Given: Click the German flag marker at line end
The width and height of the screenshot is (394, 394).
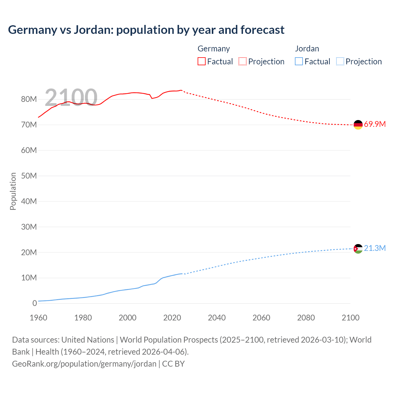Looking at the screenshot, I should pyautogui.click(x=358, y=125).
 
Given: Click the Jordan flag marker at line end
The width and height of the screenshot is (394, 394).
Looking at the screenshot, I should pyautogui.click(x=358, y=248).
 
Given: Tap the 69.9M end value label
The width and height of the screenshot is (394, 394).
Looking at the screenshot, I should pyautogui.click(x=375, y=124).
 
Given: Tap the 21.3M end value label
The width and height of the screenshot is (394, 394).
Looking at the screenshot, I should pyautogui.click(x=375, y=248).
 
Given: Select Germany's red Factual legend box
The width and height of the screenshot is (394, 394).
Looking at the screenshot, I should pyautogui.click(x=201, y=61).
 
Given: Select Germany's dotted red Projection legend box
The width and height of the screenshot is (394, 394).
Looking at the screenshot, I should pyautogui.click(x=243, y=61).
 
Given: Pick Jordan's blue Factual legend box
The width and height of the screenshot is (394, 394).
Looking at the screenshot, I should pyautogui.click(x=299, y=61).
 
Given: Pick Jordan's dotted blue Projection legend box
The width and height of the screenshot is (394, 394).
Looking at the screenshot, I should pyautogui.click(x=340, y=61).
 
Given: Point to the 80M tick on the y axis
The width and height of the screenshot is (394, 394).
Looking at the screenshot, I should pyautogui.click(x=29, y=99).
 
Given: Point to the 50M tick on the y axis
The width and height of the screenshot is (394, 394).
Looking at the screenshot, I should pyautogui.click(x=29, y=176).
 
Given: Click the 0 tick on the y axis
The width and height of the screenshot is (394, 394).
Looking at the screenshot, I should pyautogui.click(x=34, y=303).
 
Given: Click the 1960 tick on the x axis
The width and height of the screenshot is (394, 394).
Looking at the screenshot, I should pyautogui.click(x=38, y=318).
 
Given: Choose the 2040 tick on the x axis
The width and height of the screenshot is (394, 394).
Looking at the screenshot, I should pyautogui.click(x=217, y=318).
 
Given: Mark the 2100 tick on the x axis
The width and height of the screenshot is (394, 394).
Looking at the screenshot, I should pyautogui.click(x=350, y=318).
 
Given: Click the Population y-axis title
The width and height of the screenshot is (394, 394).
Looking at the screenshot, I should pyautogui.click(x=13, y=191).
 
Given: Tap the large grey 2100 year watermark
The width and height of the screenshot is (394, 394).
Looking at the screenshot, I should pyautogui.click(x=71, y=98).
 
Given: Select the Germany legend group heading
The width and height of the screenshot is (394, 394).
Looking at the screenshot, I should pyautogui.click(x=214, y=49).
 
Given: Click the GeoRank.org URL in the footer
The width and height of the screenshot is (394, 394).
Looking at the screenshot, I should pyautogui.click(x=84, y=364).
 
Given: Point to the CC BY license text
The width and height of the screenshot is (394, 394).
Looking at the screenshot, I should pyautogui.click(x=173, y=364).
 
